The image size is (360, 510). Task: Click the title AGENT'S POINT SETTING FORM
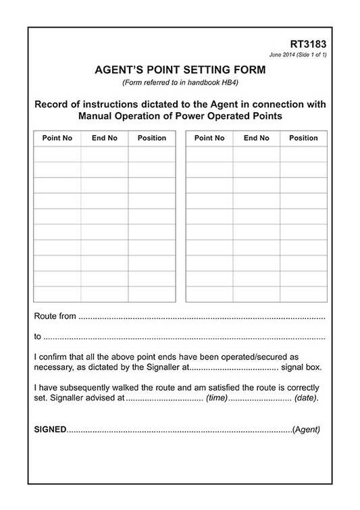point(180,70)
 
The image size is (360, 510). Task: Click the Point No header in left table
point(57,138)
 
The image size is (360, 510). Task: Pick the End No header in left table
point(104,138)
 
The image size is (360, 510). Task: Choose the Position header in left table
point(151,138)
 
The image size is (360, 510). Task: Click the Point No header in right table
point(209,138)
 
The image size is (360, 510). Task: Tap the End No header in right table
point(257,138)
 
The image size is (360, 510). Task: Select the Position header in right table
point(303,138)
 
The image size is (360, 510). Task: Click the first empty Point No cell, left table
point(57,153)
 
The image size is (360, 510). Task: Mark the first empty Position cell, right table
point(303,153)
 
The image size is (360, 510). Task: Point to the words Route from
point(55,315)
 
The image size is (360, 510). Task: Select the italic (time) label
point(217,398)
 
